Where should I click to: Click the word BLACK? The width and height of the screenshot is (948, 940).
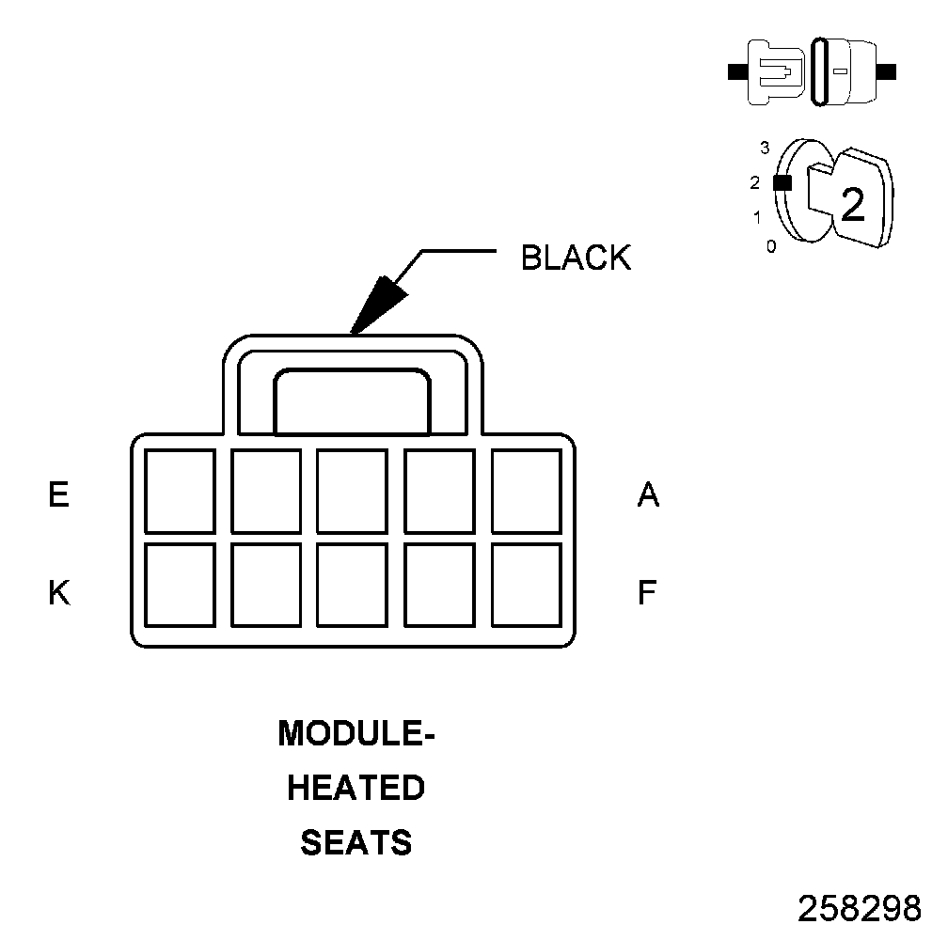click(576, 257)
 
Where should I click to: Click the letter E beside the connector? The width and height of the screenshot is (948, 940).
click(59, 494)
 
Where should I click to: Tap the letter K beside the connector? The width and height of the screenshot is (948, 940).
click(59, 593)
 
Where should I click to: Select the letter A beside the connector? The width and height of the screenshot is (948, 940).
click(648, 494)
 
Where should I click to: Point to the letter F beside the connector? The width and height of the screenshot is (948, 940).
click(647, 593)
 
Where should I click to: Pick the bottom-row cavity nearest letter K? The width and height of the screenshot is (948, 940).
click(180, 585)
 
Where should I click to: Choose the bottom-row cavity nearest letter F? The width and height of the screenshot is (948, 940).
click(527, 585)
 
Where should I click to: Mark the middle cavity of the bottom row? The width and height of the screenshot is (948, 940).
click(353, 585)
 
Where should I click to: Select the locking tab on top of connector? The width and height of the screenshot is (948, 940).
click(352, 401)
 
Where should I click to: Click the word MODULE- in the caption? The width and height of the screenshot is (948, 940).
click(356, 733)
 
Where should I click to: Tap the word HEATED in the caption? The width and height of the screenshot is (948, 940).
click(356, 788)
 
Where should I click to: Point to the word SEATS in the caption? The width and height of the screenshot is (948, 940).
click(356, 842)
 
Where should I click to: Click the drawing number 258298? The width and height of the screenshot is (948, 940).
click(859, 908)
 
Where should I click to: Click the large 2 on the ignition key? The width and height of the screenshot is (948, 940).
click(852, 204)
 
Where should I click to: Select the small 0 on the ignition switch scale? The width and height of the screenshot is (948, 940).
click(771, 247)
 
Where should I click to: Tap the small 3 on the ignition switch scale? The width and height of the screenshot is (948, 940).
click(765, 148)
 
